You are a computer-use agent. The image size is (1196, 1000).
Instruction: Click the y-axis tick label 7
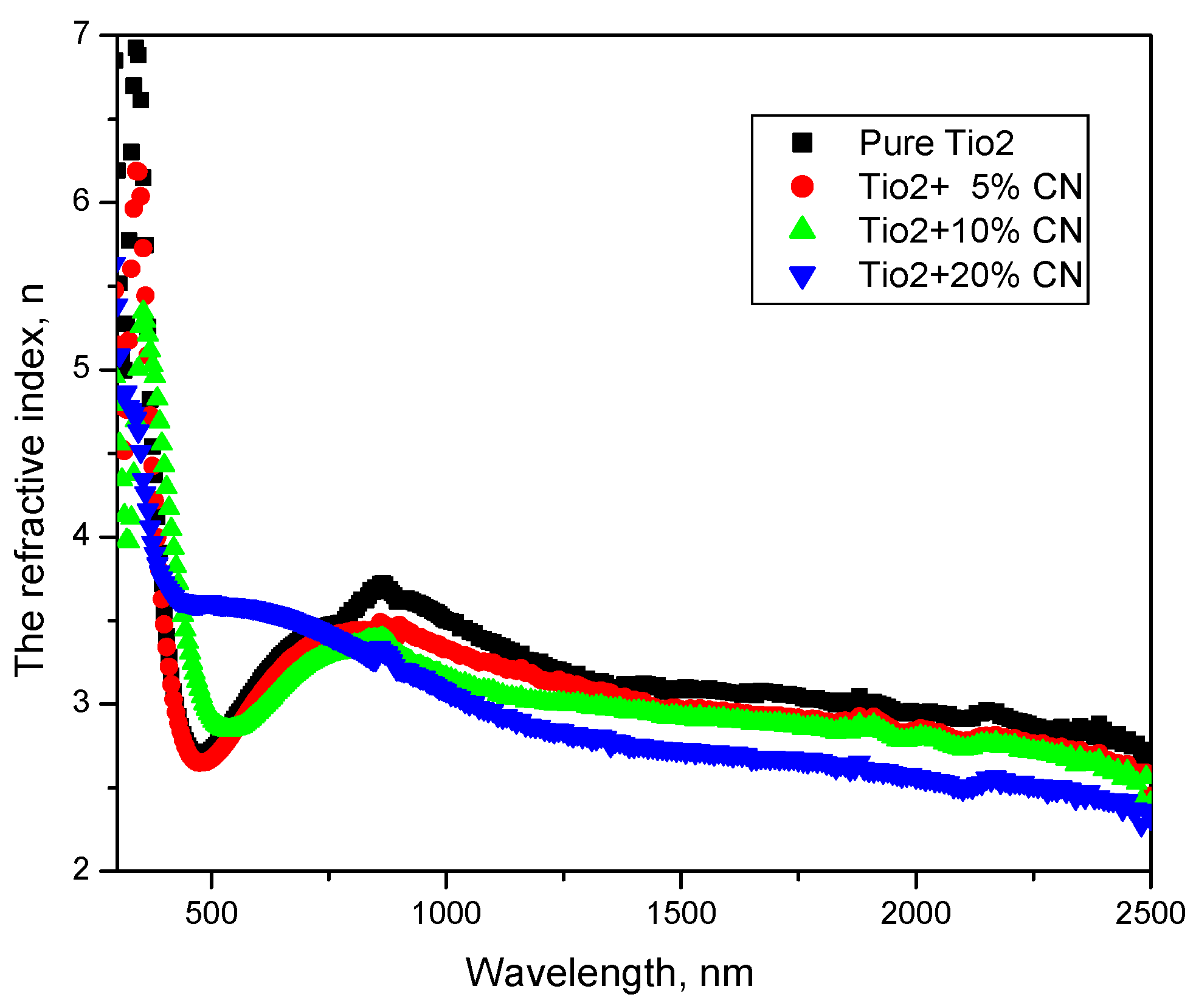[x=81, y=33]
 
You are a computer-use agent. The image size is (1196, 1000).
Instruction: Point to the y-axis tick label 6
[x=81, y=201]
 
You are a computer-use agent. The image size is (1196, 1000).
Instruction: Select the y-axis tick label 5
[x=81, y=368]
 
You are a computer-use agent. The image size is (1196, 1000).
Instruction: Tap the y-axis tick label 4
[x=81, y=536]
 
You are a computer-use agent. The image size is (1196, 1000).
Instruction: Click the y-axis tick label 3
[x=81, y=703]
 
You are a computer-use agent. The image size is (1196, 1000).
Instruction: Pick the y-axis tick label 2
[x=81, y=871]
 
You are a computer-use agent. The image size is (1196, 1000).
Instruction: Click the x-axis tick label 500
[x=211, y=914]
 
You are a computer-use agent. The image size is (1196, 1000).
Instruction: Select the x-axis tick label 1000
[x=446, y=914]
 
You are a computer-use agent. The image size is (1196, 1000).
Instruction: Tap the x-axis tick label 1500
[x=681, y=914]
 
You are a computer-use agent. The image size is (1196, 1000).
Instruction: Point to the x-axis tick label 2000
[x=916, y=914]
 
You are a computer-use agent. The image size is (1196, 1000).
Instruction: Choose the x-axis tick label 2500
[x=1150, y=914]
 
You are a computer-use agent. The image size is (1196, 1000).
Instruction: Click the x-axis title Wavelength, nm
[x=609, y=973]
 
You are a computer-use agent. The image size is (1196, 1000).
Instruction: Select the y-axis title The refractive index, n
[x=30, y=480]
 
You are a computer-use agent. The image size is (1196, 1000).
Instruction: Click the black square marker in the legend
[x=802, y=143]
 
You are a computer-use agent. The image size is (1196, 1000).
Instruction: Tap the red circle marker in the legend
[x=802, y=187]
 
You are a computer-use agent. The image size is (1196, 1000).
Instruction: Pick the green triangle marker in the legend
[x=802, y=230]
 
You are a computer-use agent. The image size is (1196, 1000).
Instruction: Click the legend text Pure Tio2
[x=936, y=143]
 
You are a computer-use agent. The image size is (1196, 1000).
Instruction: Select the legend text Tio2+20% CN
[x=970, y=275]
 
